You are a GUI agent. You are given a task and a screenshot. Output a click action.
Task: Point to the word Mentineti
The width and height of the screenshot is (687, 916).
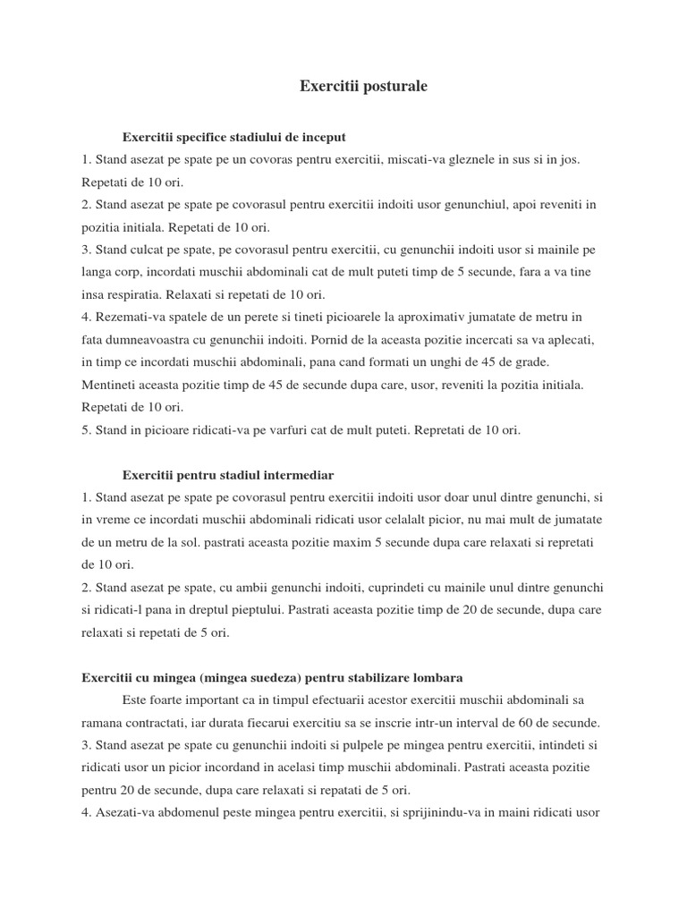(109, 385)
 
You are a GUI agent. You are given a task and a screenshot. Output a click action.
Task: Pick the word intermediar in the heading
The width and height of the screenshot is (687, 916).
(298, 474)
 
